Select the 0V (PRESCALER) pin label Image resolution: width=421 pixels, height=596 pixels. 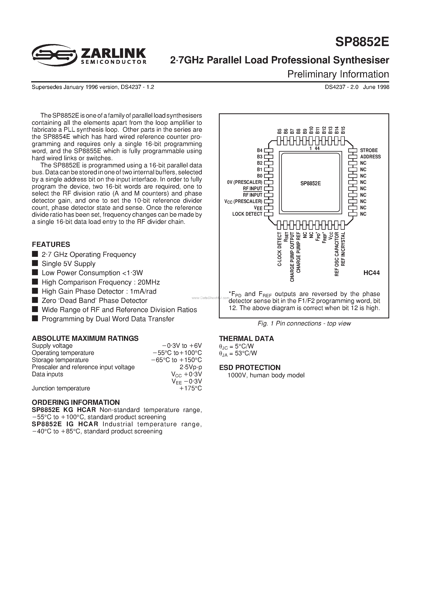[x=245, y=182]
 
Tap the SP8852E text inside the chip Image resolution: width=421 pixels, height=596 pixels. [x=310, y=183]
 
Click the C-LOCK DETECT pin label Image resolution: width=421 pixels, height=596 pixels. [x=280, y=249]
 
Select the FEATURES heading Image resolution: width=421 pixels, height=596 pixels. [x=51, y=245]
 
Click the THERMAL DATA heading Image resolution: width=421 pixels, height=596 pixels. [x=246, y=339]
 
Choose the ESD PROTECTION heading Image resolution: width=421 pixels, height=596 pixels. [x=250, y=368]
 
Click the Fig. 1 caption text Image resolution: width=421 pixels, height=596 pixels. [x=304, y=323]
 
